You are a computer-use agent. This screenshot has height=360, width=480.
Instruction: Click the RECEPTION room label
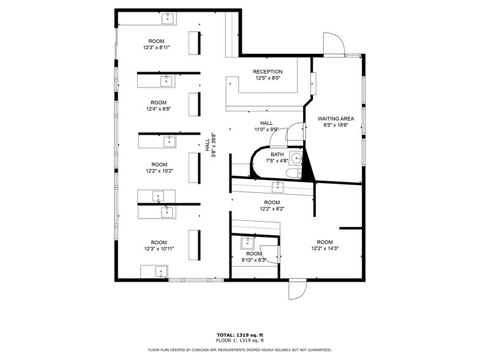click(268, 72)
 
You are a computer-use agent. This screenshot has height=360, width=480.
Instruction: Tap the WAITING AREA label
click(336, 118)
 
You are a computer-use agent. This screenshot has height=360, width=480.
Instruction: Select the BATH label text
click(277, 154)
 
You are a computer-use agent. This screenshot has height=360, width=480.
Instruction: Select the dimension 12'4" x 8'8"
click(158, 109)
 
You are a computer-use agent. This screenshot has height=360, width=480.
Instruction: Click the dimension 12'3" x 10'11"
click(159, 249)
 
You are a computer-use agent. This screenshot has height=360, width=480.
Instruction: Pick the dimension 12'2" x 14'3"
click(324, 249)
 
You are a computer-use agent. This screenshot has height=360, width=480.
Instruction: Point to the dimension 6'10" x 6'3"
click(254, 260)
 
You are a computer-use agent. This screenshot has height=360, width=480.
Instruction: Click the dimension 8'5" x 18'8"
click(336, 125)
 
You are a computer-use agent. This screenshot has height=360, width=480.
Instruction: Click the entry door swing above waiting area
click(334, 45)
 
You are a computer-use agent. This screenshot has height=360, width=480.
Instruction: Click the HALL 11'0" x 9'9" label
click(266, 126)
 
